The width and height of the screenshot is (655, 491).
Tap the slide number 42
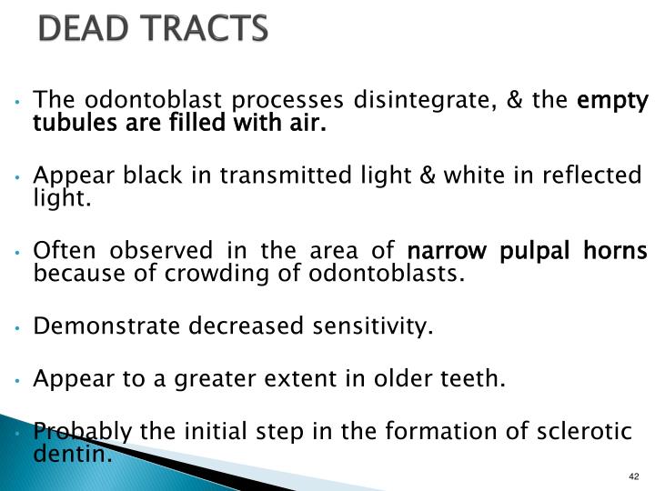pyautogui.click(x=634, y=477)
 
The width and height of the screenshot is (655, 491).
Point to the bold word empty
pyautogui.click(x=614, y=100)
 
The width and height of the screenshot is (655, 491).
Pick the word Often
pyautogui.click(x=59, y=249)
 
